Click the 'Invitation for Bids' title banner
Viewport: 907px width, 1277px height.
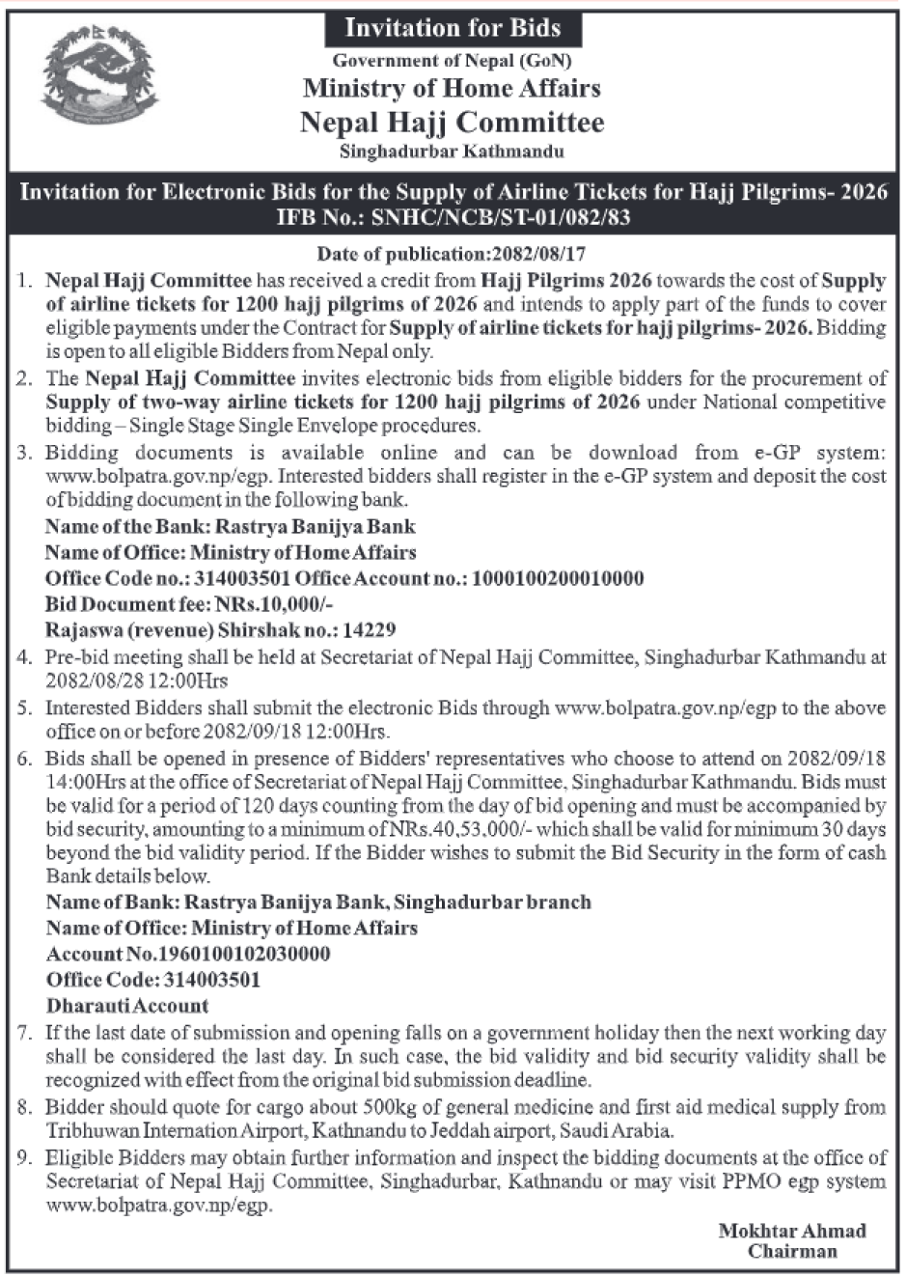(453, 27)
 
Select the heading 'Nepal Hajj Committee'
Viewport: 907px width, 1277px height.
(453, 123)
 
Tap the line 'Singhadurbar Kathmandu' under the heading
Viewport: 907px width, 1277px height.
(453, 152)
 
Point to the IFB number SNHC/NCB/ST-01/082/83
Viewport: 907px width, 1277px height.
(502, 217)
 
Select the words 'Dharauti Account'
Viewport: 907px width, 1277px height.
(128, 1006)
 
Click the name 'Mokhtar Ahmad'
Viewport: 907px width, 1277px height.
(791, 1231)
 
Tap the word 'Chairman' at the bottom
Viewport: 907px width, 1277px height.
(791, 1252)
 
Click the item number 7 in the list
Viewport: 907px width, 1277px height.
(26, 1032)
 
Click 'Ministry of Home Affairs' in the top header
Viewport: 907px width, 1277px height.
(453, 89)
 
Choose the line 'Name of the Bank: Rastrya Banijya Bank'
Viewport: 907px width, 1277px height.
(231, 526)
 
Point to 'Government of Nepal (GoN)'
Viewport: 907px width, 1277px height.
(453, 60)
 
